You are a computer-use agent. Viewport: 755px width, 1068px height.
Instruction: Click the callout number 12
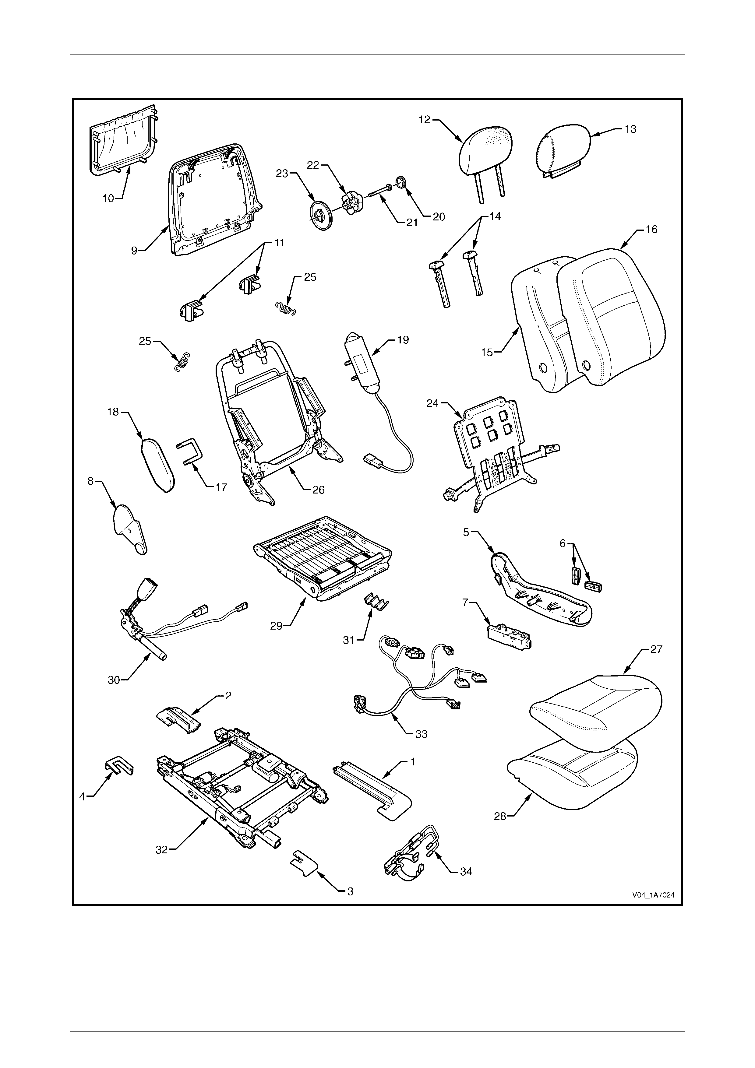[x=424, y=120]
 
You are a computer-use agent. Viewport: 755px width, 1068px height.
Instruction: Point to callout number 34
[x=466, y=871]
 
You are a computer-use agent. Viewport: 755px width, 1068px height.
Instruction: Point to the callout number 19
[x=403, y=340]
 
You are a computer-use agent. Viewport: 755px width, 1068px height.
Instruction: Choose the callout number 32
[x=161, y=849]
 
